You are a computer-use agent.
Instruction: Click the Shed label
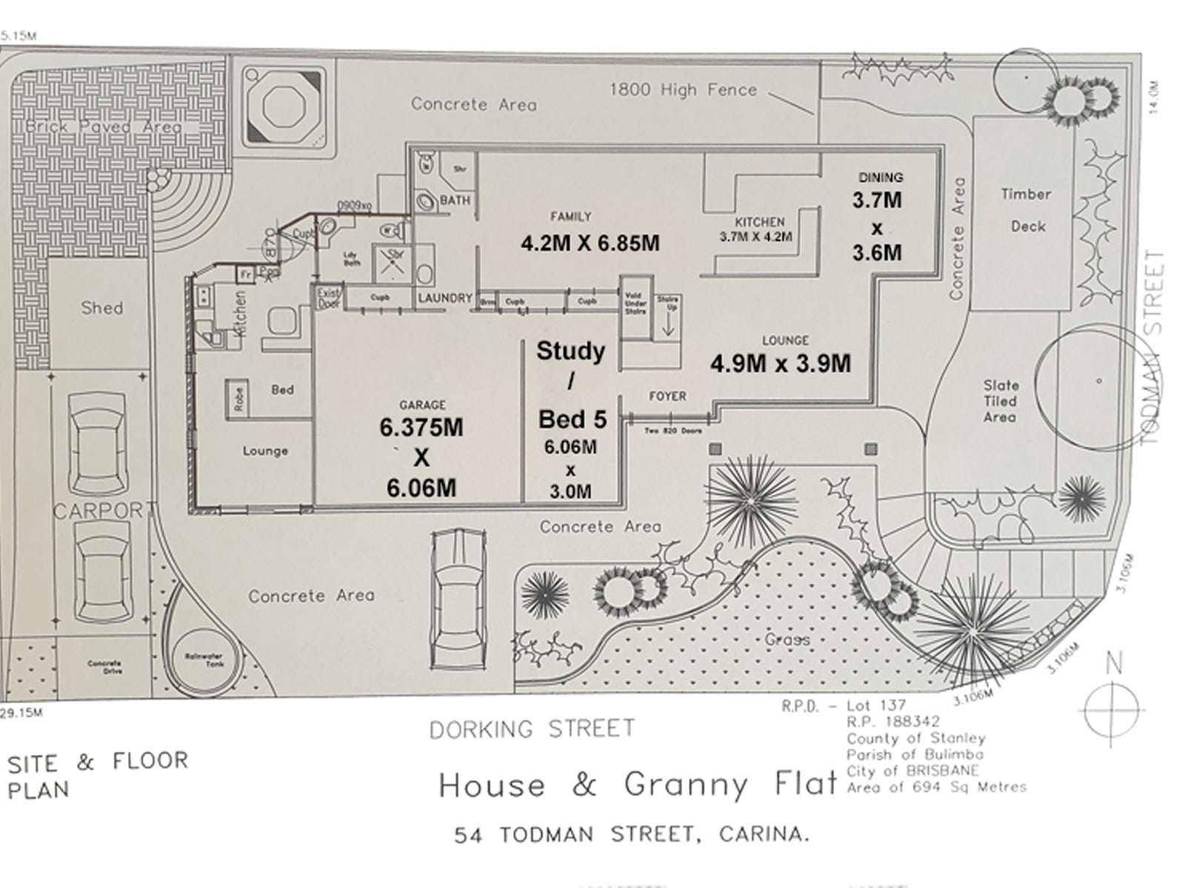click(x=102, y=308)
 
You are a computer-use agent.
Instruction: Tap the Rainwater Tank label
click(x=204, y=660)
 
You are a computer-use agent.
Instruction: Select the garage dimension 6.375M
click(x=421, y=428)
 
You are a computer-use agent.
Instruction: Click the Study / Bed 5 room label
click(x=571, y=385)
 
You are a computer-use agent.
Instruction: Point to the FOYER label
click(x=667, y=397)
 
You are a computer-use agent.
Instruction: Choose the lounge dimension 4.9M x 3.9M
click(x=781, y=363)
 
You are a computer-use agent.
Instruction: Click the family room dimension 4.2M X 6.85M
click(x=590, y=243)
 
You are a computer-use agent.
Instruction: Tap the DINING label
click(x=881, y=178)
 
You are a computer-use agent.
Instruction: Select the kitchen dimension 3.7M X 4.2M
click(x=755, y=238)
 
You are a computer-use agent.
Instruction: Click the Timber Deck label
click(x=1027, y=210)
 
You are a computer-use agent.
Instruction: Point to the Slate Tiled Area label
click(x=1000, y=401)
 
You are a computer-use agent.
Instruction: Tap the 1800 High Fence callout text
click(x=683, y=90)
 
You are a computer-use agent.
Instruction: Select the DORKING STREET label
click(x=532, y=729)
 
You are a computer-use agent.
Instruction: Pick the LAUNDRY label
click(x=444, y=298)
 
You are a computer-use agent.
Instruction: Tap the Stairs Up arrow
click(x=668, y=323)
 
